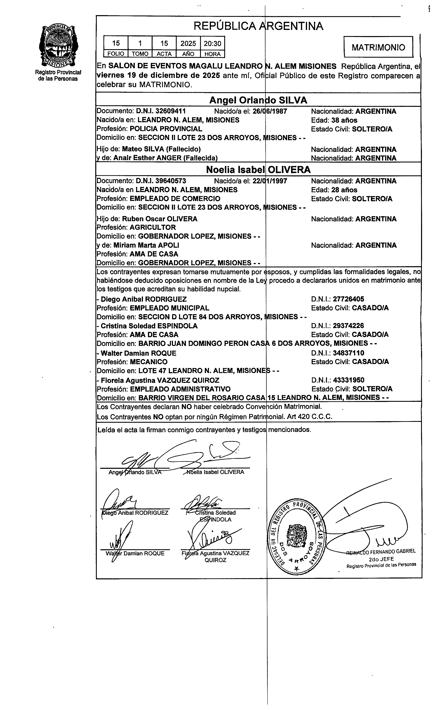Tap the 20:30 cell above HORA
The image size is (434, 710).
tap(212, 44)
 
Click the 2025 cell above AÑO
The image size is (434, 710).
tap(188, 44)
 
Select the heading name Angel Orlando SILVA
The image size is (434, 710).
tap(258, 100)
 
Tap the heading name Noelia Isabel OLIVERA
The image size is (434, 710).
tap(258, 170)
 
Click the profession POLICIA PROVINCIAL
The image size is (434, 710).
tap(166, 129)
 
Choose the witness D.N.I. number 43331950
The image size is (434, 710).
tap(348, 380)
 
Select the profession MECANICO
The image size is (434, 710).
tap(149, 362)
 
